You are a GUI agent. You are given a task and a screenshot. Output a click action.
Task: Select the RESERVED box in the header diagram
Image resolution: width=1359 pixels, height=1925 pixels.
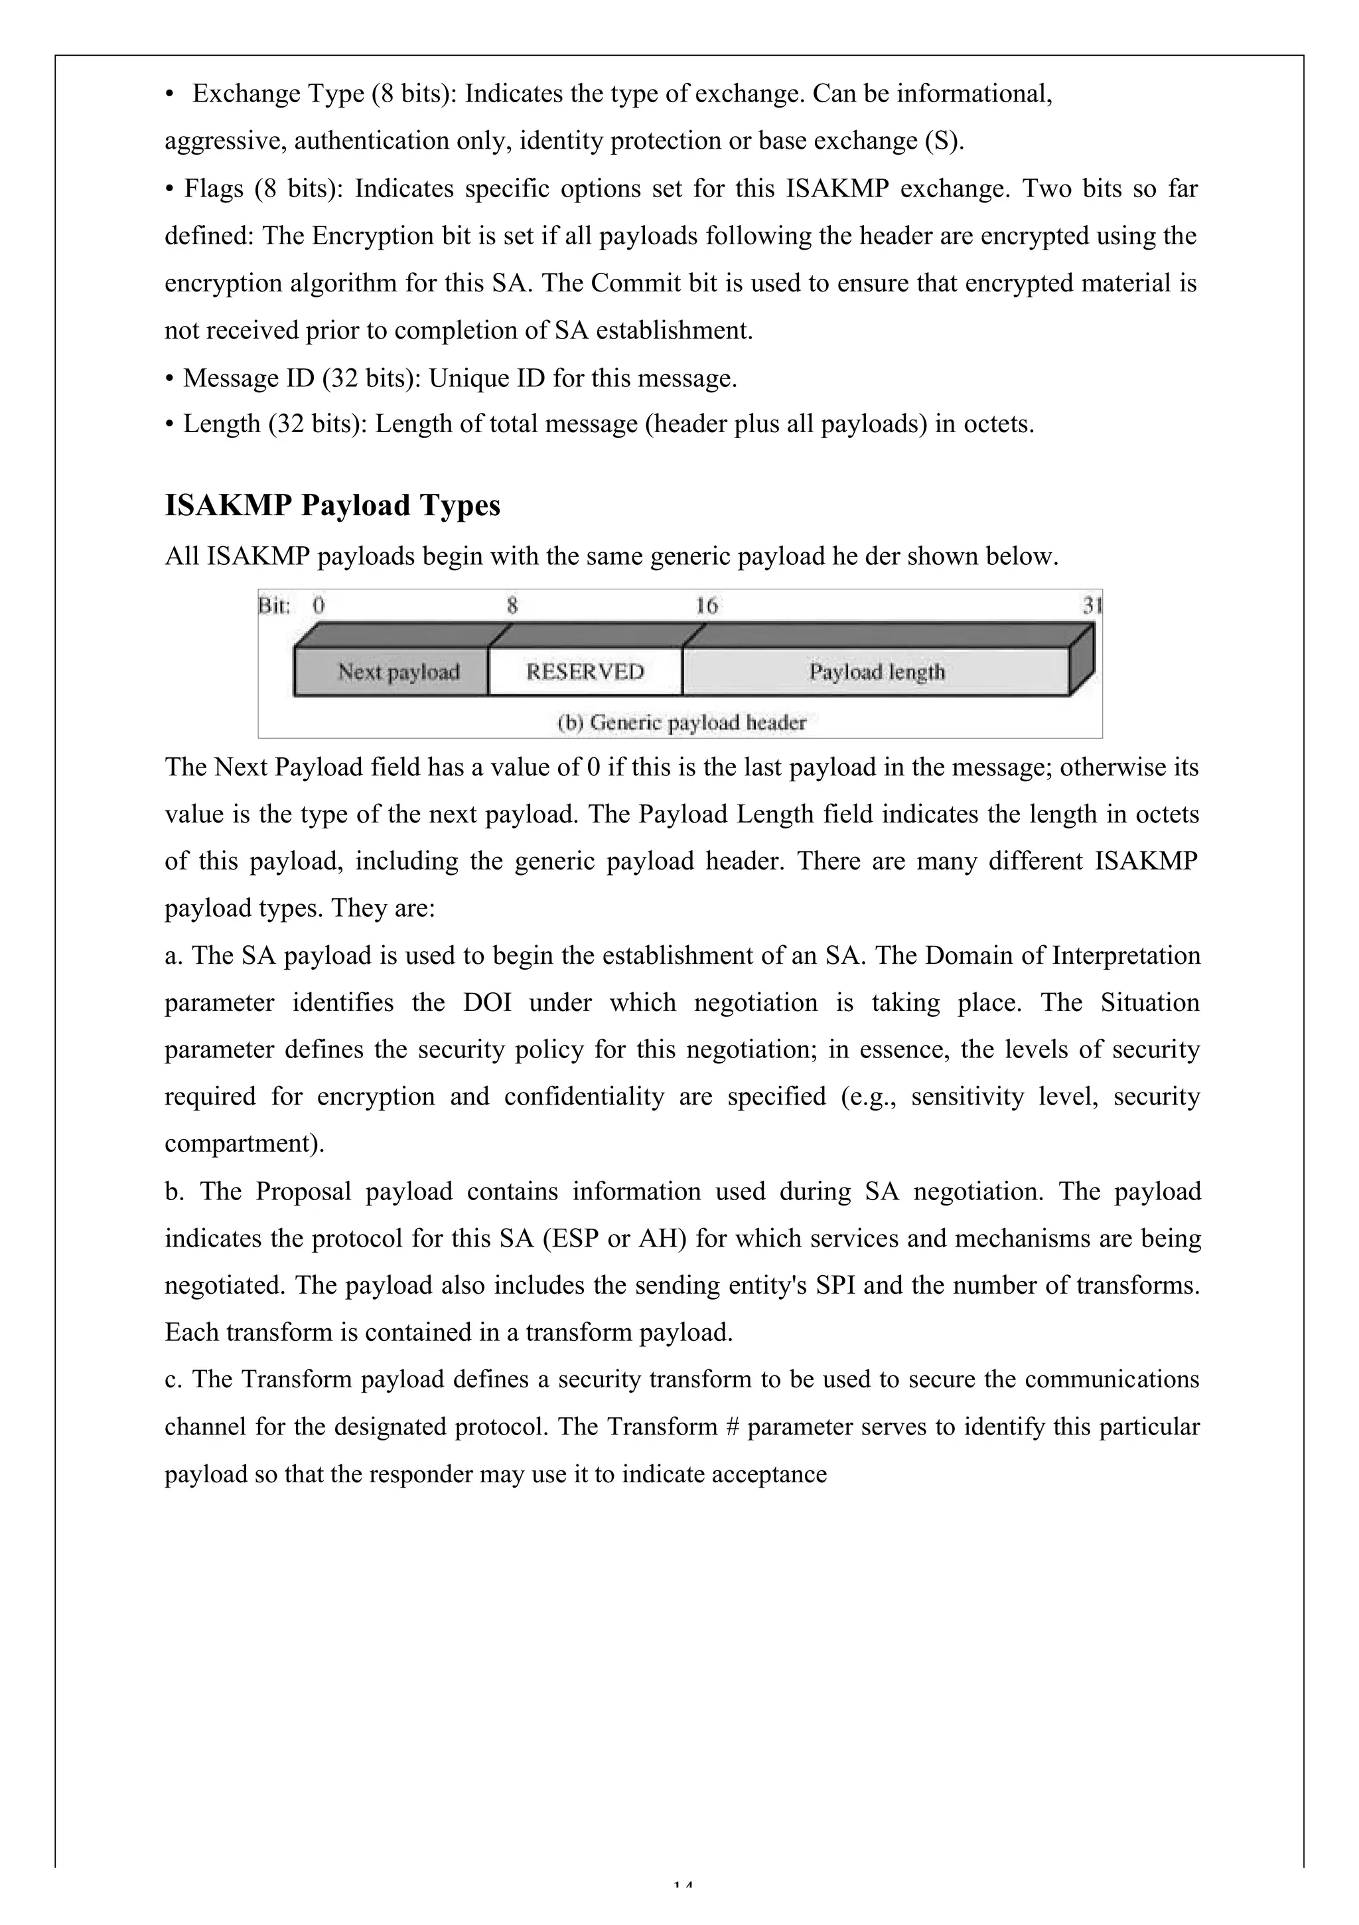point(585,672)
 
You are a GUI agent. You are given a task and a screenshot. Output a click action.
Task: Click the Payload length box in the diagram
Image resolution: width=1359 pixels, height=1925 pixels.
point(876,672)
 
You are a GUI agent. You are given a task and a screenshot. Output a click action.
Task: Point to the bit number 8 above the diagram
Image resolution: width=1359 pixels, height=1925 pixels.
point(512,605)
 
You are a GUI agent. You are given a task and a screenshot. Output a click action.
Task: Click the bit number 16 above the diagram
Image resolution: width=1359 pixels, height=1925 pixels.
point(707,605)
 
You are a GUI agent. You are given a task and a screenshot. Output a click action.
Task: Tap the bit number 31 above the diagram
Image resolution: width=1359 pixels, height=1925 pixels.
point(1092,605)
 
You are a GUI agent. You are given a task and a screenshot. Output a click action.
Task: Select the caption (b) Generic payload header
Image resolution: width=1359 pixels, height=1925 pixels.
point(681,723)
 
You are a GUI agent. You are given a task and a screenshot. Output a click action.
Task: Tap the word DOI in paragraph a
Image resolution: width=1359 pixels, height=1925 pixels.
point(487,1003)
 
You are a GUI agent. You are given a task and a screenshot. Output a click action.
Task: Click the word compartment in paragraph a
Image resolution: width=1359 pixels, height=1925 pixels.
point(241,1144)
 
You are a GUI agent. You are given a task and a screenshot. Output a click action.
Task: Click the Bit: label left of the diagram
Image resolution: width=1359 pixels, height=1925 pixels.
point(273,605)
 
